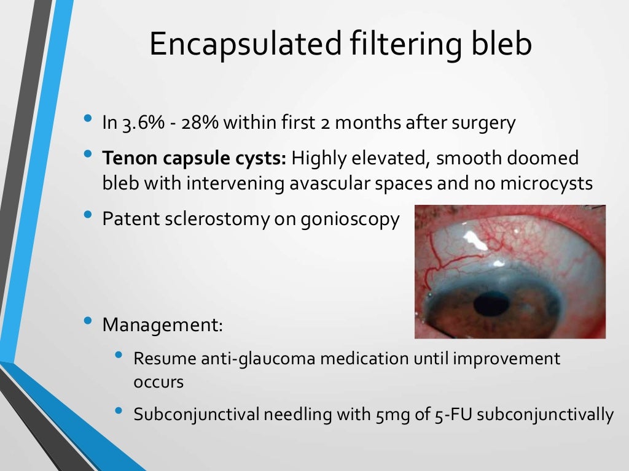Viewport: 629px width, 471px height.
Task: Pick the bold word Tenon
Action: coord(125,158)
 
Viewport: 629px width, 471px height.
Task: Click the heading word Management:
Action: coord(162,324)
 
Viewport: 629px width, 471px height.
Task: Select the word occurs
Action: coord(158,381)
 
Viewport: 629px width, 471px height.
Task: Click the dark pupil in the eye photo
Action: coord(492,302)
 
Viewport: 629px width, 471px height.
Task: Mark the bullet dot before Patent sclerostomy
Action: coord(89,216)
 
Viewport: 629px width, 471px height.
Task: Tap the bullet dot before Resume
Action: coord(119,356)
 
